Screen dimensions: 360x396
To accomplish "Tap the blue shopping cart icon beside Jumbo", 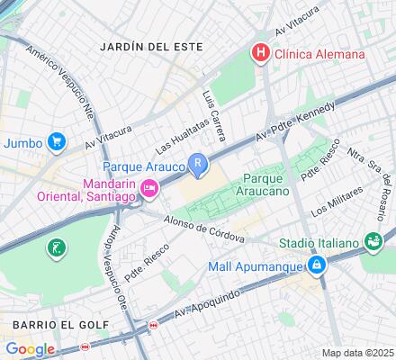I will [x=57, y=141].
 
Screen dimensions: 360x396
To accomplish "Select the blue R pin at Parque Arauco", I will [x=198, y=164].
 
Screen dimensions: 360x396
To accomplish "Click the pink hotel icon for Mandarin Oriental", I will [x=149, y=187].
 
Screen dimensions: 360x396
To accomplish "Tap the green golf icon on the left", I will [x=57, y=247].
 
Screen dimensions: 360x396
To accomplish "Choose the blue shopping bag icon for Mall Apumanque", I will [x=316, y=265].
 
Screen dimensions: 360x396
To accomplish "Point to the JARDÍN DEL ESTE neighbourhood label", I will [x=152, y=46].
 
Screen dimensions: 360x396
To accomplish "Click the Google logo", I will [x=30, y=349].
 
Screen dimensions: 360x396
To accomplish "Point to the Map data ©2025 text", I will [x=358, y=353].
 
